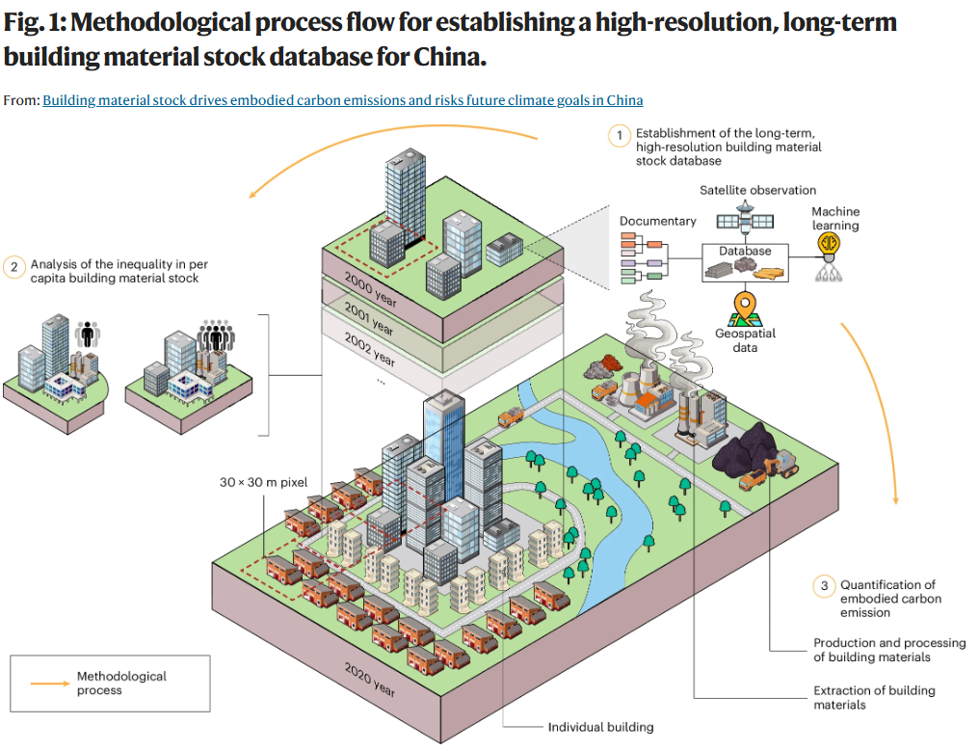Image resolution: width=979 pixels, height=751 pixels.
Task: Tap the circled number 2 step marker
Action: [x=14, y=267]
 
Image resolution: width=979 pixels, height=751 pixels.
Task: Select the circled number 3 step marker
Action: [x=824, y=585]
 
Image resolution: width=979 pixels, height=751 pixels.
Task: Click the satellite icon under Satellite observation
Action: [x=744, y=221]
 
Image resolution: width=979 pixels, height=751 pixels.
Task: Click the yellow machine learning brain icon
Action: [x=827, y=245]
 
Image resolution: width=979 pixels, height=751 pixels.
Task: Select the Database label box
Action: [x=745, y=251]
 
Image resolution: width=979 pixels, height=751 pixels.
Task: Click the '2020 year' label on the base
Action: [x=370, y=679]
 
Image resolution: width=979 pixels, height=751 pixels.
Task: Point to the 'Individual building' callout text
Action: [x=600, y=727]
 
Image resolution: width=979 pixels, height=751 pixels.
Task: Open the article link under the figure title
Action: [x=342, y=100]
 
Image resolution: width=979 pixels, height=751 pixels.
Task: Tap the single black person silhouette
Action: [x=88, y=335]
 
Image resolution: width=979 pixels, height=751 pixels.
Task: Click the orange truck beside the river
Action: [x=511, y=416]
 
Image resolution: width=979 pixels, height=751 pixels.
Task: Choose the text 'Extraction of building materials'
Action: [x=873, y=697]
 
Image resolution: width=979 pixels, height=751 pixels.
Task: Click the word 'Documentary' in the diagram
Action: [x=657, y=221]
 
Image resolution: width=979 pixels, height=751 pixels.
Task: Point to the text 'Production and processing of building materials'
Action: [x=888, y=650]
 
